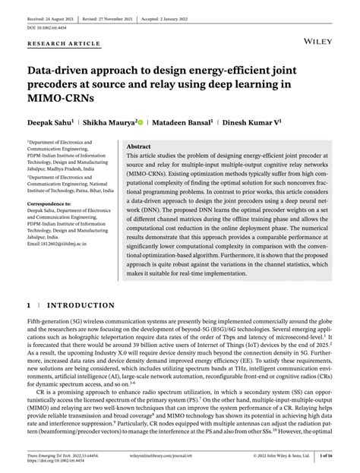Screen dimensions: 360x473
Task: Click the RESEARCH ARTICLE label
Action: coord(64,44)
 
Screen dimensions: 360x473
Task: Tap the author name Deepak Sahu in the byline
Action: coord(49,121)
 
